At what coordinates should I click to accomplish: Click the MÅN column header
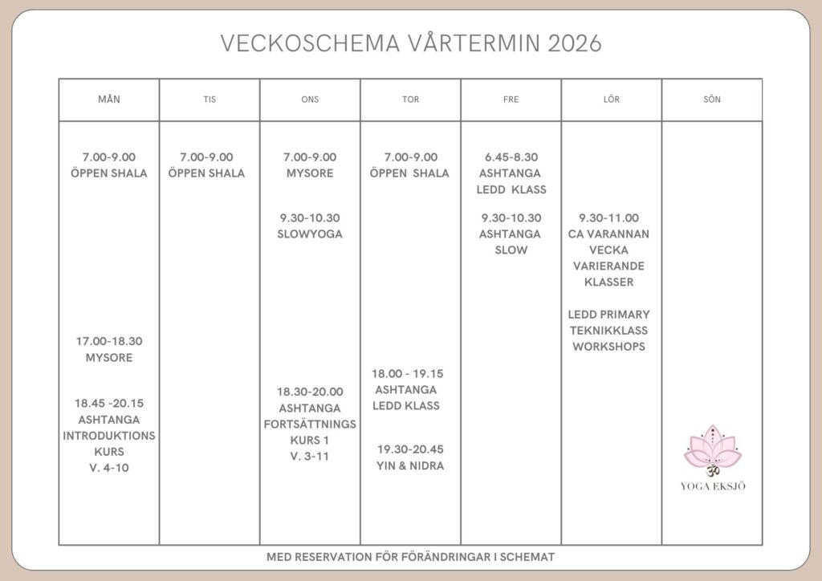(x=109, y=100)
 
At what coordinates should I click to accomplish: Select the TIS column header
(x=210, y=100)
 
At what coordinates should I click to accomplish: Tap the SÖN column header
(x=711, y=100)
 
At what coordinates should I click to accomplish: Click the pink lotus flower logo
(x=712, y=449)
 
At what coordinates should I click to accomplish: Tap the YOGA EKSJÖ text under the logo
(x=712, y=486)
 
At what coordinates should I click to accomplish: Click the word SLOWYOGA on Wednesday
(x=310, y=234)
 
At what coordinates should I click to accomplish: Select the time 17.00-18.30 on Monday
(x=109, y=341)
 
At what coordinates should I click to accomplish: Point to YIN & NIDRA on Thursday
(x=410, y=465)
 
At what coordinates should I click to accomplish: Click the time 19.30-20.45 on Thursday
(x=410, y=449)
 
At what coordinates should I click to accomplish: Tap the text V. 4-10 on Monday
(x=109, y=468)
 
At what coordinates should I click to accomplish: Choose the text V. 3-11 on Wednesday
(x=310, y=457)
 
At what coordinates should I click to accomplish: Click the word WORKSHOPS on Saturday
(x=609, y=347)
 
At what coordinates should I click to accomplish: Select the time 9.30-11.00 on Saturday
(x=609, y=217)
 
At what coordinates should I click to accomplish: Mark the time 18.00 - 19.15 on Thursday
(x=408, y=373)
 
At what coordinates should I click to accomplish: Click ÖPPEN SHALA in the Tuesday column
(x=207, y=173)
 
